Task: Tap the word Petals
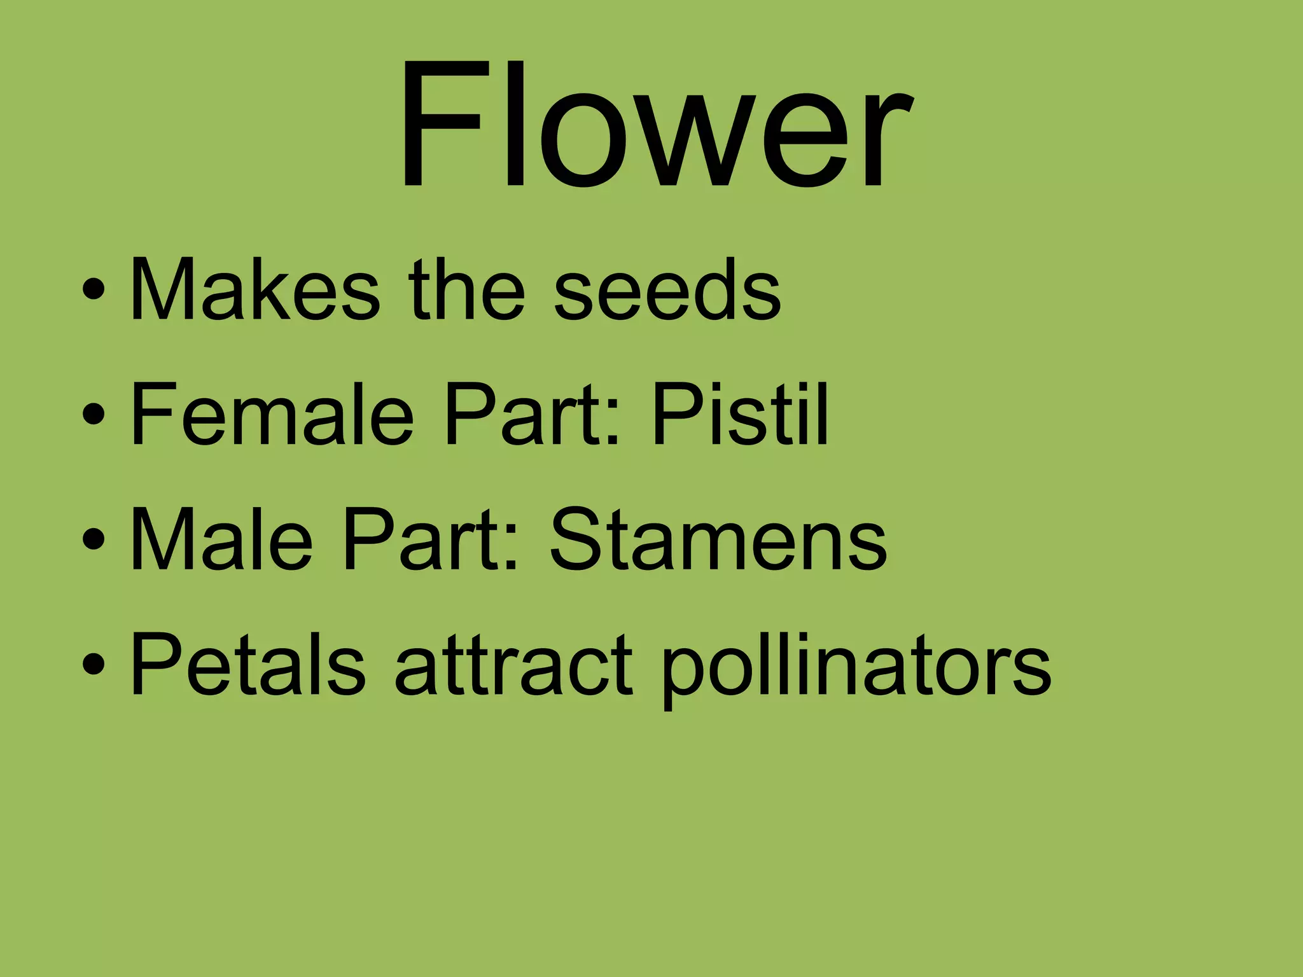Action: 248,664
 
